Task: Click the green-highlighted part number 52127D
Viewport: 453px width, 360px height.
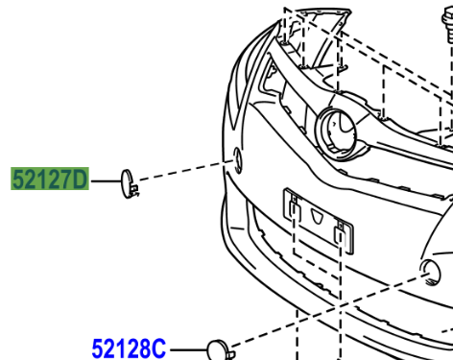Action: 50,179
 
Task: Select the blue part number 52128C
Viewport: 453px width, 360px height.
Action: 129,348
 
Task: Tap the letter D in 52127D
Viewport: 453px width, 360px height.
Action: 81,179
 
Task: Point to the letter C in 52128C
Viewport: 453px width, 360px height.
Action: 158,348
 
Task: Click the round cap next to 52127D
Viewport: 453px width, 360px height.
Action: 127,183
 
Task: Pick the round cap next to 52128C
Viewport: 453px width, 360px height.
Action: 218,350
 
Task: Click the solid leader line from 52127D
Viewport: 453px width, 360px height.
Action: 106,181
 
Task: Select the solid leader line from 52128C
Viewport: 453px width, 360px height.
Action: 189,350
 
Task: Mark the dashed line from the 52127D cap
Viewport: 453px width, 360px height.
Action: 186,171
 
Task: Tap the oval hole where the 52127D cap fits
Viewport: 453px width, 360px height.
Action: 238,160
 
